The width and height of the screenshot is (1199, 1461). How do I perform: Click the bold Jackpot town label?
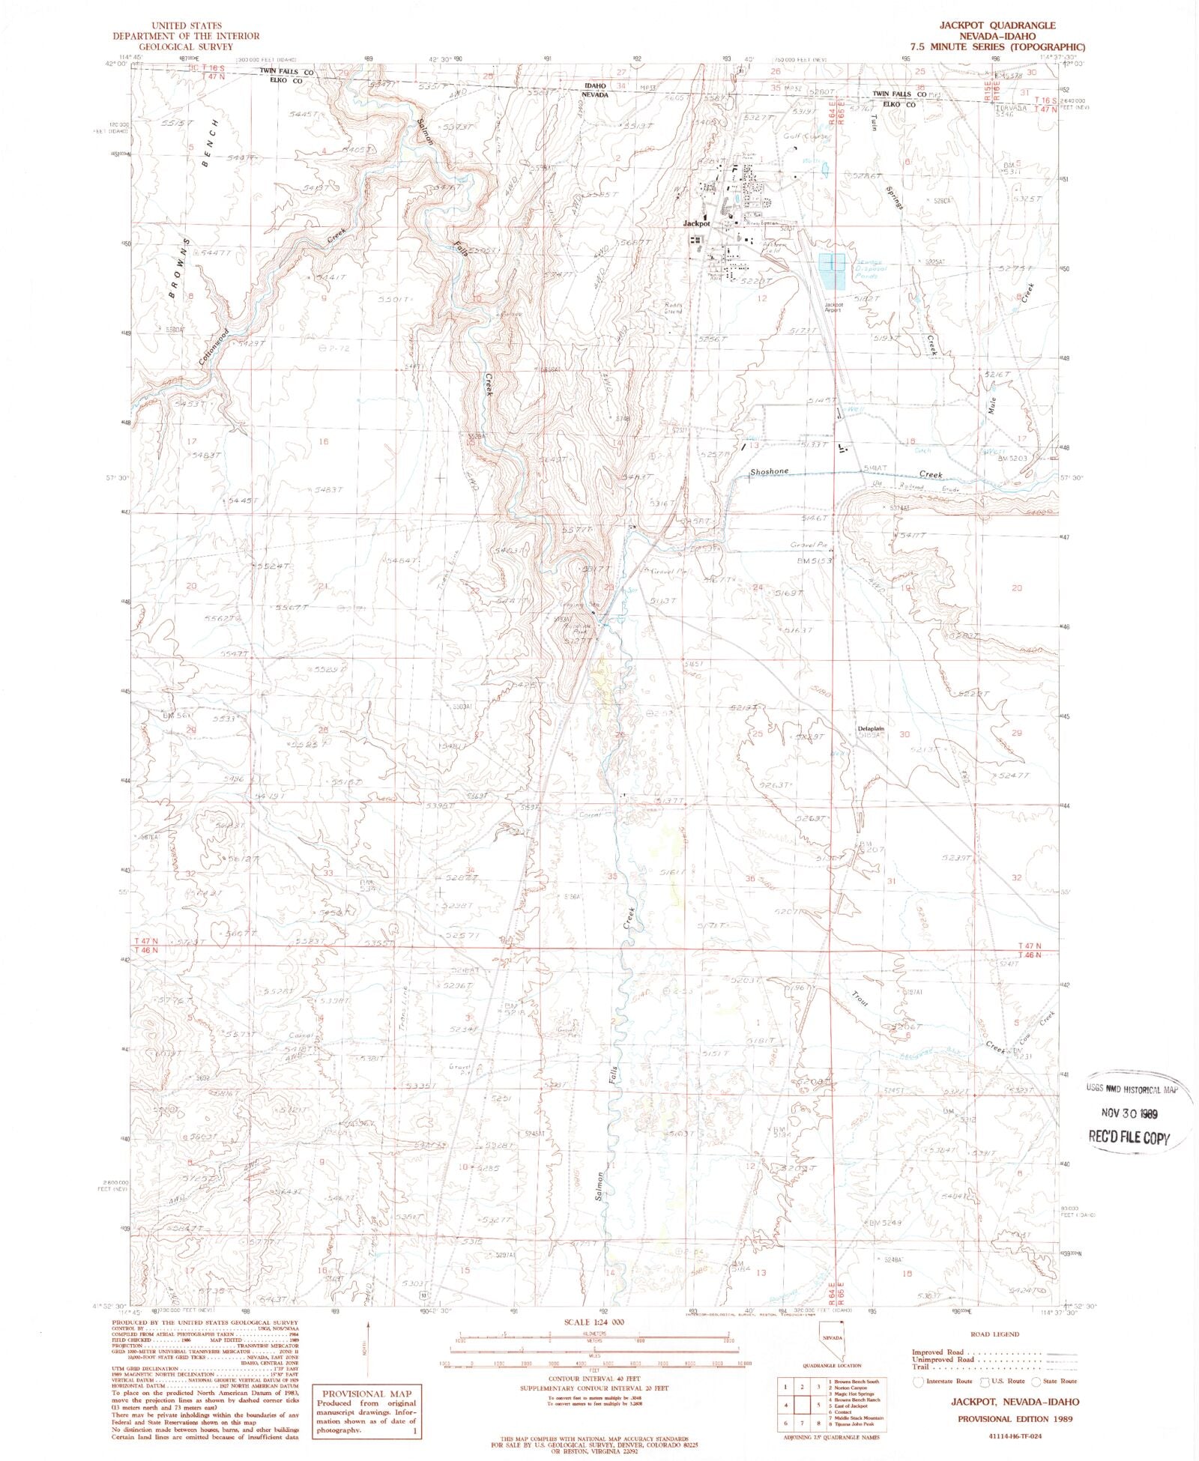point(696,223)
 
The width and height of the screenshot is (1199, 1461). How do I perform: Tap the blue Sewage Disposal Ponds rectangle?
point(832,271)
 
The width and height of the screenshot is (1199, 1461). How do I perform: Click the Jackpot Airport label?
point(833,307)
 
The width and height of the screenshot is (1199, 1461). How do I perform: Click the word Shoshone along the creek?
point(769,472)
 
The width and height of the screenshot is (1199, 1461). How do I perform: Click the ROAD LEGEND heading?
point(993,1334)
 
